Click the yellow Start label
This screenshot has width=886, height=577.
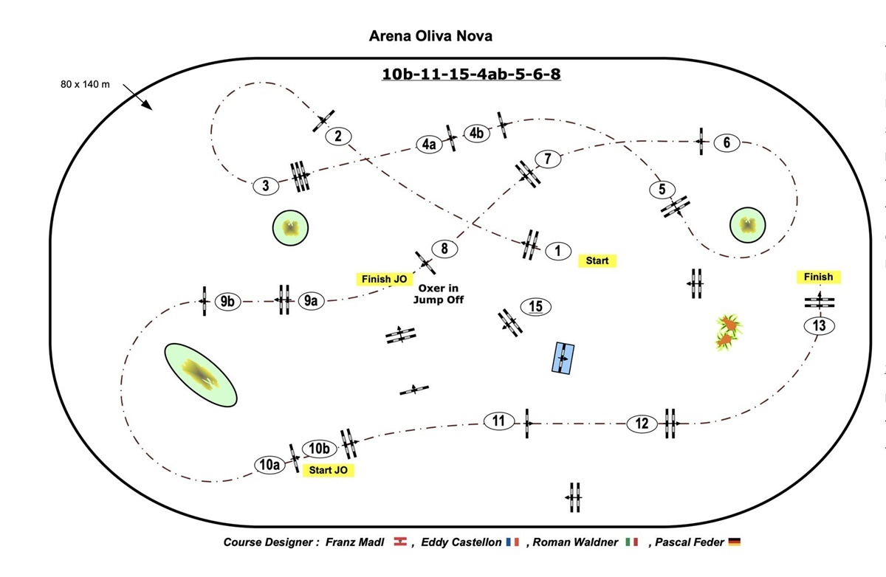[597, 260]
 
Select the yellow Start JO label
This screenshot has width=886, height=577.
[329, 470]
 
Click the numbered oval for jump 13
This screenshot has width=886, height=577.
[818, 325]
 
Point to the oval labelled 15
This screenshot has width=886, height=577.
[536, 306]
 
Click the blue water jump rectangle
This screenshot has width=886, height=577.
[563, 358]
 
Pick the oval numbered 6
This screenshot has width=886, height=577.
[727, 142]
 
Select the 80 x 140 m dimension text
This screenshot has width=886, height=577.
[85, 84]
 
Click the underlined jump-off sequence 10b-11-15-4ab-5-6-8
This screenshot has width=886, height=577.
[471, 74]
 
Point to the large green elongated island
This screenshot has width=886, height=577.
[200, 374]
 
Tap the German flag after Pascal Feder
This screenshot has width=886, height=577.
[734, 542]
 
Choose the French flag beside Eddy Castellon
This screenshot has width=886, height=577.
[513, 542]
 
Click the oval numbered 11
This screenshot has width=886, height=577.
[499, 421]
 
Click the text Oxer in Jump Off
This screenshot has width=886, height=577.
[441, 294]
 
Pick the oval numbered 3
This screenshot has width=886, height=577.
[266, 186]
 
